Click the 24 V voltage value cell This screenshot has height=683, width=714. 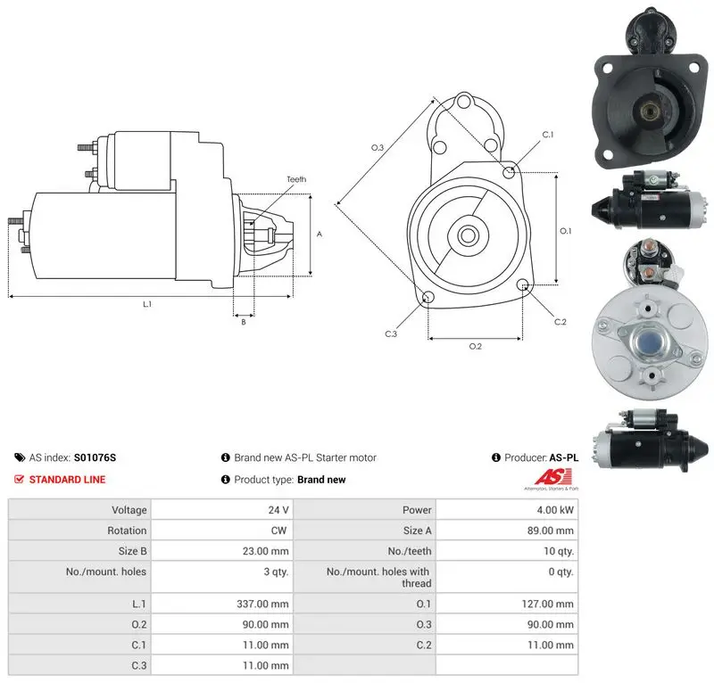pyautogui.click(x=278, y=510)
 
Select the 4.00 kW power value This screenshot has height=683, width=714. pyautogui.click(x=555, y=510)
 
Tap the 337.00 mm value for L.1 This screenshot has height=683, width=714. pyautogui.click(x=262, y=604)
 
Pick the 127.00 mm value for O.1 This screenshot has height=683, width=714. pyautogui.click(x=547, y=604)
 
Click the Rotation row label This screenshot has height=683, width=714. pyautogui.click(x=127, y=531)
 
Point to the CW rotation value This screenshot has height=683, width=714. pyautogui.click(x=278, y=531)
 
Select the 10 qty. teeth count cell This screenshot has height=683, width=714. pyautogui.click(x=559, y=551)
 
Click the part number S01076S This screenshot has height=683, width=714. pyautogui.click(x=95, y=457)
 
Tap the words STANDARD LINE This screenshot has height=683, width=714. pyautogui.click(x=68, y=479)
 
